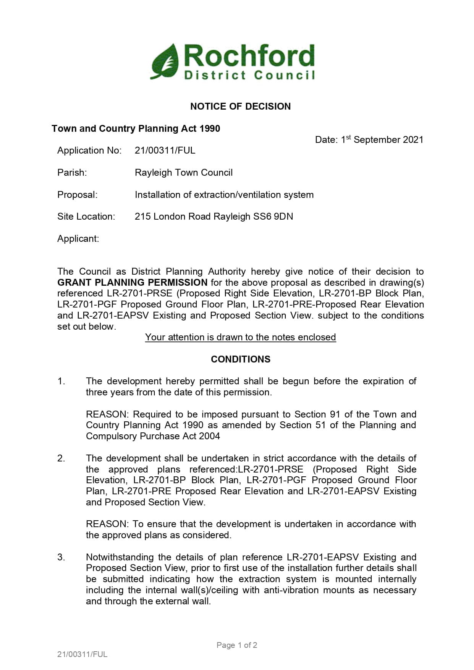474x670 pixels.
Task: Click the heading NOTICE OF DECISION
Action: click(240, 106)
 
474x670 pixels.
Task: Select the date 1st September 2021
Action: click(369, 139)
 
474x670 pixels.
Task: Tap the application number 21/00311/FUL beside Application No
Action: click(165, 150)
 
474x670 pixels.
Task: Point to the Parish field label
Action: click(72, 172)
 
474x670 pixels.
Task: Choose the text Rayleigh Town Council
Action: click(183, 172)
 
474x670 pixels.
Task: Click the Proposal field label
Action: click(77, 194)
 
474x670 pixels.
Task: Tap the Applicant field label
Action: click(78, 238)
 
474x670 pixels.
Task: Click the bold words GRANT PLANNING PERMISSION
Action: click(132, 282)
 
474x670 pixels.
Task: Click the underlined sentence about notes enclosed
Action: click(240, 337)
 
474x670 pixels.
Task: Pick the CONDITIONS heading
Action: click(240, 359)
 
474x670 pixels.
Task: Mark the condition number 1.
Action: click(61, 381)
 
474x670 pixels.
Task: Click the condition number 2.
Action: click(61, 458)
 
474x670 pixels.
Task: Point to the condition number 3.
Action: click(61, 557)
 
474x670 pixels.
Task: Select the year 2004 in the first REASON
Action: click(209, 436)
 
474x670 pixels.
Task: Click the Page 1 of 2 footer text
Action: click(236, 645)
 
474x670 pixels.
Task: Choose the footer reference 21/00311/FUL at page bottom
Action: click(82, 654)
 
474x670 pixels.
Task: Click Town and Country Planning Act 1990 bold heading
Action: click(136, 128)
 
